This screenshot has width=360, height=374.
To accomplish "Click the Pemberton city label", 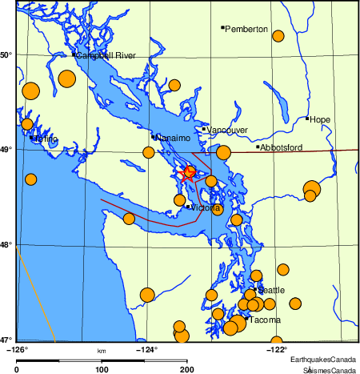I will tap(246, 30).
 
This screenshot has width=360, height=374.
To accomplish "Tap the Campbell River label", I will tap(106, 56).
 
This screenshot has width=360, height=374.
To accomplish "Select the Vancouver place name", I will tap(227, 130).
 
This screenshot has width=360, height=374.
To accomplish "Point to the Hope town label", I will tap(320, 119).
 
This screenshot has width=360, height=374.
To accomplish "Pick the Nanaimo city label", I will tap(172, 139).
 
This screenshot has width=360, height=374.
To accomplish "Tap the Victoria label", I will tap(205, 208).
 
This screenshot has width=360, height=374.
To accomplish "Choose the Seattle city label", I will tap(271, 290).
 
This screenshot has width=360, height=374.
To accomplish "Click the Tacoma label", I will tap(264, 320).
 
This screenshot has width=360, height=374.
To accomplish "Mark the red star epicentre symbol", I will tap(190, 171).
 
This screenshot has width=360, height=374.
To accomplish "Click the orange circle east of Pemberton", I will tap(278, 36).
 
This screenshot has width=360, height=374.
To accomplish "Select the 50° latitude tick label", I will tap(6, 54).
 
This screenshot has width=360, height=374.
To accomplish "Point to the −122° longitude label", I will tap(276, 348).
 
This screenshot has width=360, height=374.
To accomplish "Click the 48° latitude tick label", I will tap(6, 244).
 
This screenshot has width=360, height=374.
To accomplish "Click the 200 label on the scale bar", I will tap(186, 370).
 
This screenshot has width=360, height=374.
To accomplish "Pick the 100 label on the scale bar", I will tap(102, 370).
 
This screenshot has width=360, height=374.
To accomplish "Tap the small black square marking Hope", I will tap(307, 119).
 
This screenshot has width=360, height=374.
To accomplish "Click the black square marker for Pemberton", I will tap(222, 28).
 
